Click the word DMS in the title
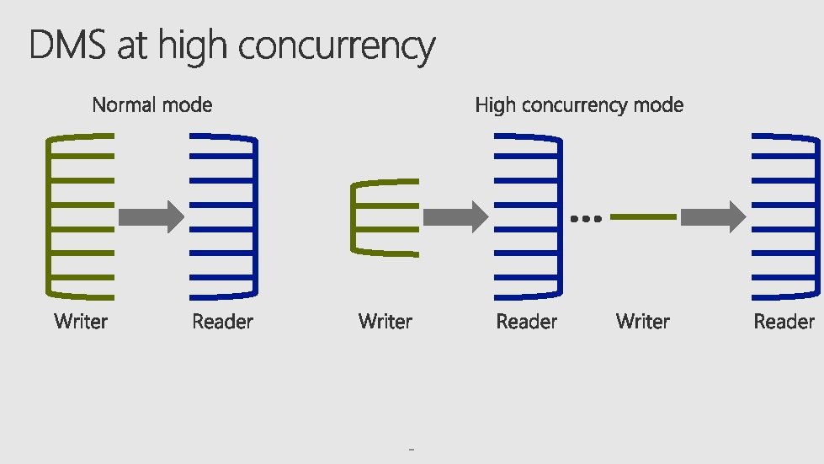pyautogui.click(x=68, y=45)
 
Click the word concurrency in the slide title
pyautogui.click(x=337, y=47)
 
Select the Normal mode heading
pyautogui.click(x=152, y=105)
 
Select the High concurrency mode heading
pyautogui.click(x=579, y=105)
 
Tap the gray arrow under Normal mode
pyautogui.click(x=151, y=217)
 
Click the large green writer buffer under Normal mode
pyautogui.click(x=81, y=216)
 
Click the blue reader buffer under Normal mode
pyautogui.click(x=224, y=216)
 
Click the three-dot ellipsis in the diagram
pyautogui.click(x=586, y=218)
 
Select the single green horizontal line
pyautogui.click(x=643, y=217)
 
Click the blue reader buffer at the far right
pyautogui.click(x=786, y=216)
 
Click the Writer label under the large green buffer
pyautogui.click(x=81, y=321)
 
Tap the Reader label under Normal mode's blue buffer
pyautogui.click(x=222, y=321)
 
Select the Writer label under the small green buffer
pyautogui.click(x=385, y=321)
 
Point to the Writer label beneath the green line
pyautogui.click(x=642, y=321)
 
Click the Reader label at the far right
pyautogui.click(x=784, y=321)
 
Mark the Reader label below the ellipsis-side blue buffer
pyautogui.click(x=526, y=321)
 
